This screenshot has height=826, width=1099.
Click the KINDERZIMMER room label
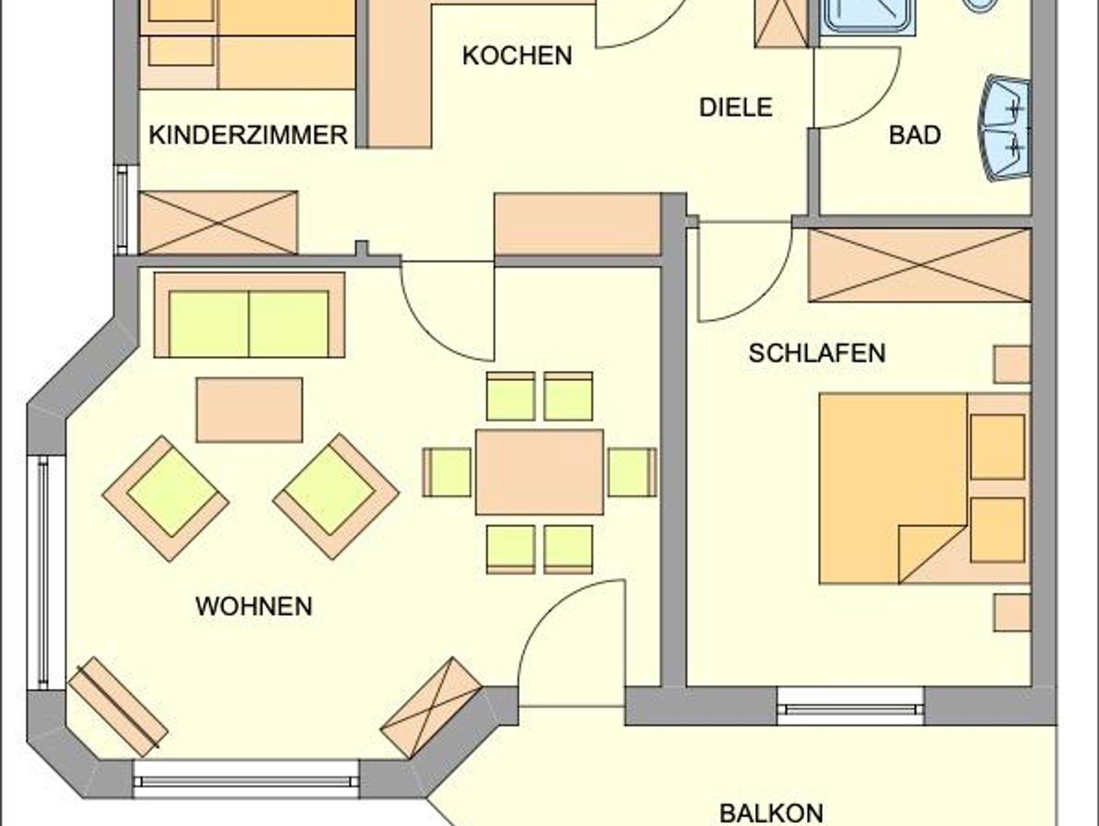pyautogui.click(x=248, y=135)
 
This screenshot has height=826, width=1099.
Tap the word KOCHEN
pyautogui.click(x=517, y=56)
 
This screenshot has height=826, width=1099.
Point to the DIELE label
pyautogui.click(x=736, y=107)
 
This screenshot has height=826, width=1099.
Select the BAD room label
pyautogui.click(x=915, y=135)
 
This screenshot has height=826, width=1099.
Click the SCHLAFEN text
pyautogui.click(x=817, y=353)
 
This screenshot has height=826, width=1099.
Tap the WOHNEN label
pyautogui.click(x=254, y=606)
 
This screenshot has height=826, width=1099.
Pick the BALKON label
pyautogui.click(x=771, y=813)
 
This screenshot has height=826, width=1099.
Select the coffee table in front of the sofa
pyautogui.click(x=250, y=410)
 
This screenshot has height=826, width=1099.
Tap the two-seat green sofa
pyautogui.click(x=250, y=315)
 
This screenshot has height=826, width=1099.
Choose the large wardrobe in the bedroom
pyautogui.click(x=920, y=265)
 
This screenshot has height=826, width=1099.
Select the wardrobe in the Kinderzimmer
pyautogui.click(x=218, y=222)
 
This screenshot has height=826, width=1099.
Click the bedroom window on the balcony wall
pyautogui.click(x=851, y=706)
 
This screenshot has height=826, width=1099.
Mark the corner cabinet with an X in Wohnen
pyautogui.click(x=431, y=708)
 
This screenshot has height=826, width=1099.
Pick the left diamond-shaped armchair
pyautogui.click(x=166, y=498)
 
